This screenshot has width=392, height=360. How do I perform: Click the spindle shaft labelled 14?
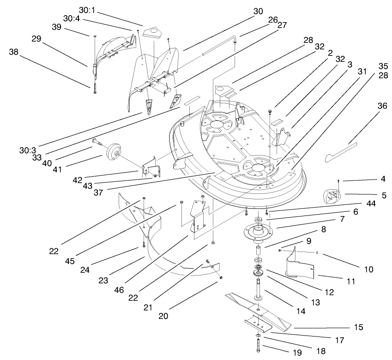[258, 291]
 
